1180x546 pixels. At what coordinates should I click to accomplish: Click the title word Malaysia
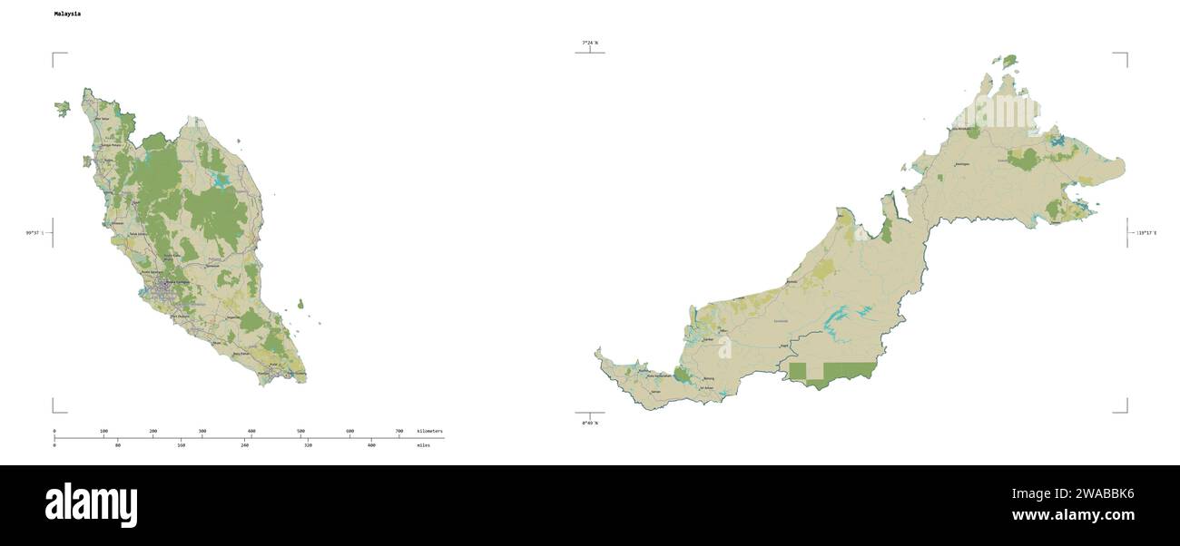coord(67,15)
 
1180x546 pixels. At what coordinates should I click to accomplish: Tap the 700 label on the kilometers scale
coord(399,431)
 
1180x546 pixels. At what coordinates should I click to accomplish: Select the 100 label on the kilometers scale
coord(103,431)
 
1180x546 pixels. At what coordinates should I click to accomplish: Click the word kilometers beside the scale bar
coord(430,431)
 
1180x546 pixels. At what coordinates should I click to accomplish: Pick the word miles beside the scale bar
coord(424,445)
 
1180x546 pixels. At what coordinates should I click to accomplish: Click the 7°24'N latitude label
coord(590,43)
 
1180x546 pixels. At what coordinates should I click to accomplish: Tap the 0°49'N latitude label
coord(590,424)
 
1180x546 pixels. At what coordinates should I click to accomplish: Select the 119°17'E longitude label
coord(1146,233)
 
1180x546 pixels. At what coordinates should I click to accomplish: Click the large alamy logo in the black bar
coord(91,505)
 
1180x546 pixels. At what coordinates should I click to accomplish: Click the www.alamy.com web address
coord(1073,515)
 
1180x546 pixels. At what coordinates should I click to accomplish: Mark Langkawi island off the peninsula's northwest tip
coord(62,109)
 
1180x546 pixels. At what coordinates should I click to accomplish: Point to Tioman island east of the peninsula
coord(300,305)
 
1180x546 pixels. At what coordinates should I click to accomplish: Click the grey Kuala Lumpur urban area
coord(163,288)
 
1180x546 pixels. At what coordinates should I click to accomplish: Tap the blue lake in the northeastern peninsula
coord(221,180)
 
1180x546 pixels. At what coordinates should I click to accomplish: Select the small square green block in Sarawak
coord(797,370)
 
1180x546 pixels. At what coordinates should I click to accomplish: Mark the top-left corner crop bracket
coord(54,55)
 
